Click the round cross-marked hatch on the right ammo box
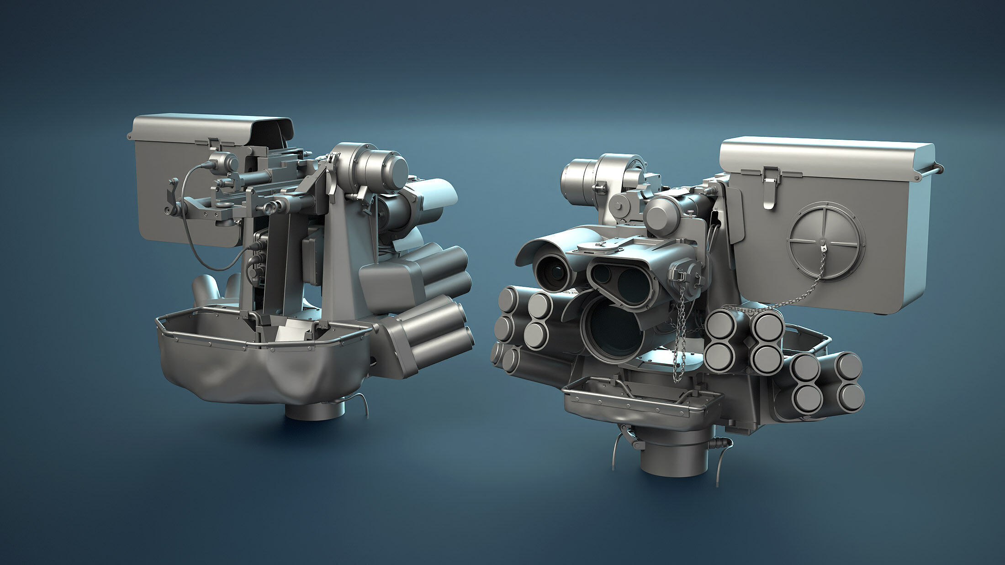tap(826, 242)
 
